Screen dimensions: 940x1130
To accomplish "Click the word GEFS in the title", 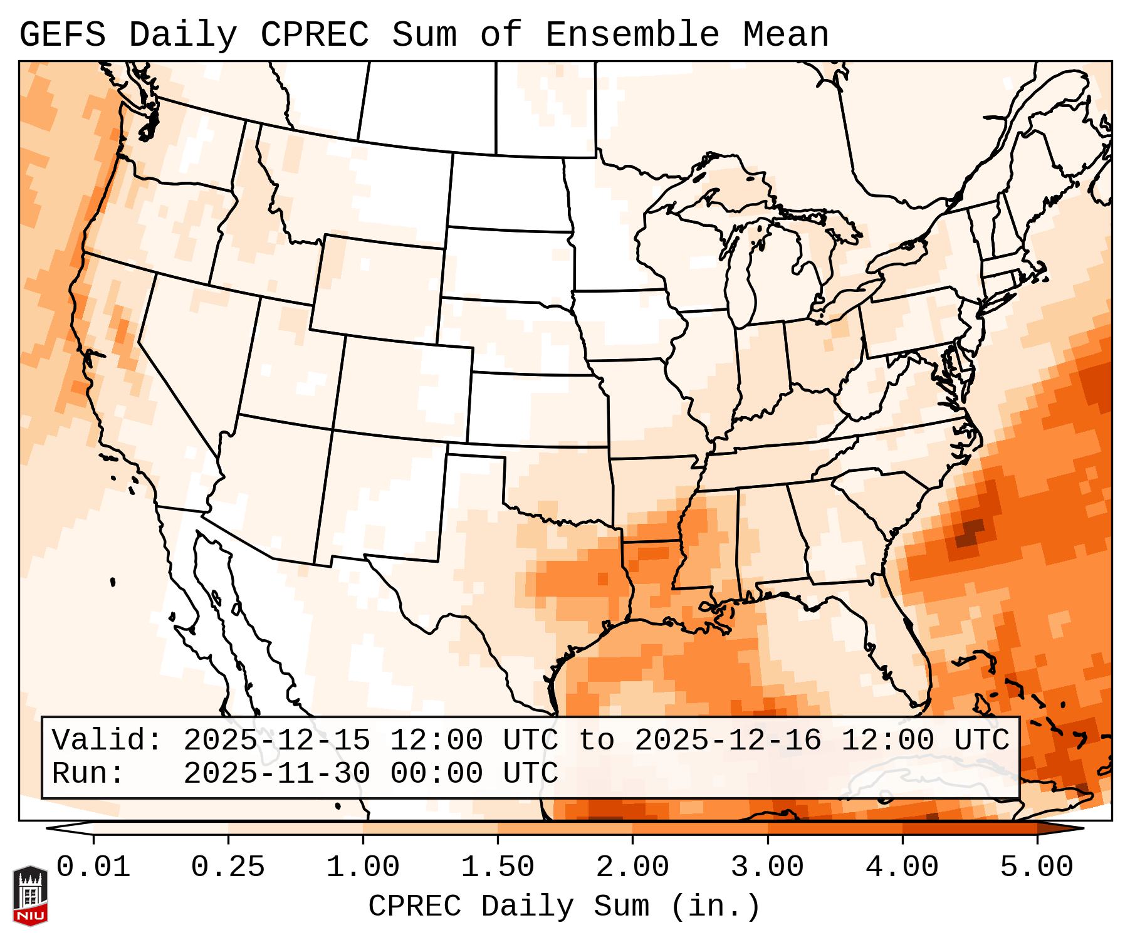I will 62,34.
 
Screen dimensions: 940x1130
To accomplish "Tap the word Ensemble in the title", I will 632,34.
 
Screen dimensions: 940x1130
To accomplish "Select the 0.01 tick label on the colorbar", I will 93,867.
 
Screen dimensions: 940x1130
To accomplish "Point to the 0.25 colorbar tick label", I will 228,867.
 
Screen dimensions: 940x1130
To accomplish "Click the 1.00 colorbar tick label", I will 363,867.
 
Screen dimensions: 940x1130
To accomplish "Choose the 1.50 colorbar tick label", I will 498,867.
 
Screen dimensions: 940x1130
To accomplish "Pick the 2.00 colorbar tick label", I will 632,867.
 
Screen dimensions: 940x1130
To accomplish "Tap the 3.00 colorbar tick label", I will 767,867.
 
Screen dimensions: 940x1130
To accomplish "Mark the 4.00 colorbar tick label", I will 902,867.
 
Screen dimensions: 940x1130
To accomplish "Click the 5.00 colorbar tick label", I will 1037,867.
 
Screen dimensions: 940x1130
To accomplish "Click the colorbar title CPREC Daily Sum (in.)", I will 564,906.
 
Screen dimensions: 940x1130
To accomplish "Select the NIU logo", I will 30,896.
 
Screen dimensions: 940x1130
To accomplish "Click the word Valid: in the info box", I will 107,740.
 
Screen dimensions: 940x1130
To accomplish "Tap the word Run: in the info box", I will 88,773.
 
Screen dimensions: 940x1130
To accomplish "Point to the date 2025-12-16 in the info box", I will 728,740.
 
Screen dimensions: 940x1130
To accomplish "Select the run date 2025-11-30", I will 276,773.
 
